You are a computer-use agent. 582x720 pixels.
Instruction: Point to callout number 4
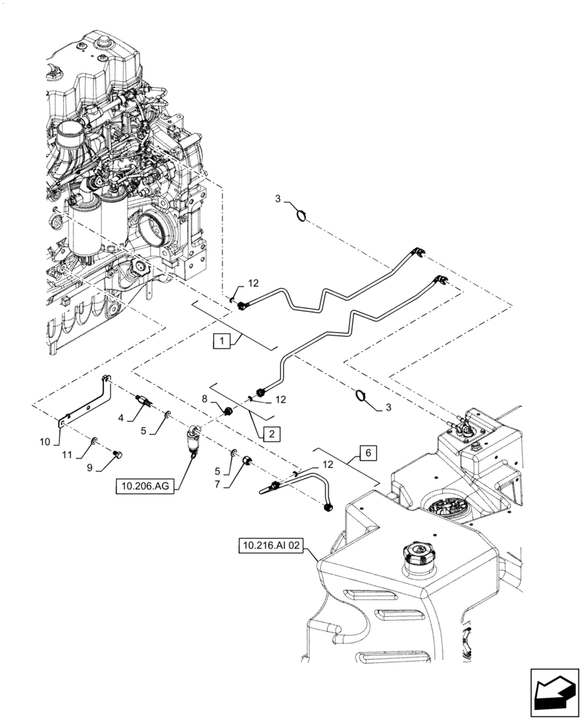click(x=122, y=415)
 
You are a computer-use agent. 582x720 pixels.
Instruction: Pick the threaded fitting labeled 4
click(x=143, y=400)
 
